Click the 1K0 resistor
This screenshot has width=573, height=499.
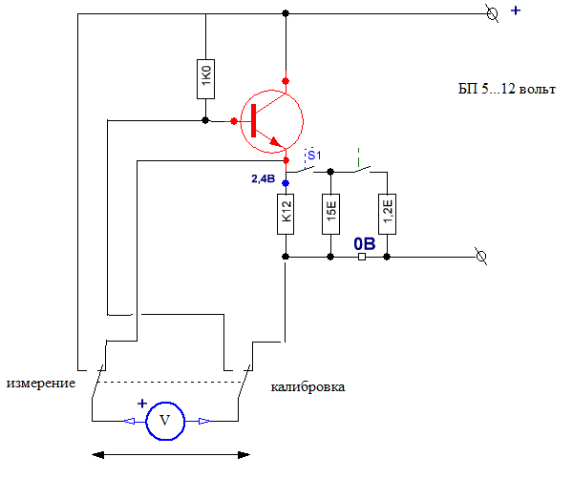click(x=205, y=79)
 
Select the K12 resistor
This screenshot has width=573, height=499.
click(x=286, y=214)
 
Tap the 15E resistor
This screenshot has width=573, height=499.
click(x=330, y=214)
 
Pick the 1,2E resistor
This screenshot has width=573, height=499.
click(x=388, y=214)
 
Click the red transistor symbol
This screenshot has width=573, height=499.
click(x=271, y=121)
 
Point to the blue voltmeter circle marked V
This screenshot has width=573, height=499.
click(x=165, y=422)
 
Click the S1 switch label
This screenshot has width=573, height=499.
click(x=314, y=156)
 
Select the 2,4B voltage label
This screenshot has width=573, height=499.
click(x=264, y=178)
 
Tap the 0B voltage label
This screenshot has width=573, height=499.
click(x=365, y=244)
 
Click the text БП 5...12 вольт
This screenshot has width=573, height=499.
click(x=507, y=89)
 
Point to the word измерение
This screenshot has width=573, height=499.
click(x=41, y=384)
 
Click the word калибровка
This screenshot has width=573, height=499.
click(x=308, y=386)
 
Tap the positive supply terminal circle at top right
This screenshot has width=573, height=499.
click(x=492, y=14)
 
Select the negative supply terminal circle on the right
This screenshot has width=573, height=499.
click(x=481, y=257)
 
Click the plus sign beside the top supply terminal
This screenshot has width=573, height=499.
click(x=516, y=10)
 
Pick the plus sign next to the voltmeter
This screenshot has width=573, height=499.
click(x=142, y=404)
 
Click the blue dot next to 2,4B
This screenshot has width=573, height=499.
click(x=286, y=183)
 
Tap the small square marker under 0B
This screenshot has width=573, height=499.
click(x=362, y=257)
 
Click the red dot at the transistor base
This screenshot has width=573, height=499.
click(x=234, y=121)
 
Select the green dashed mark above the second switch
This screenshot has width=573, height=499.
click(x=358, y=157)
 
